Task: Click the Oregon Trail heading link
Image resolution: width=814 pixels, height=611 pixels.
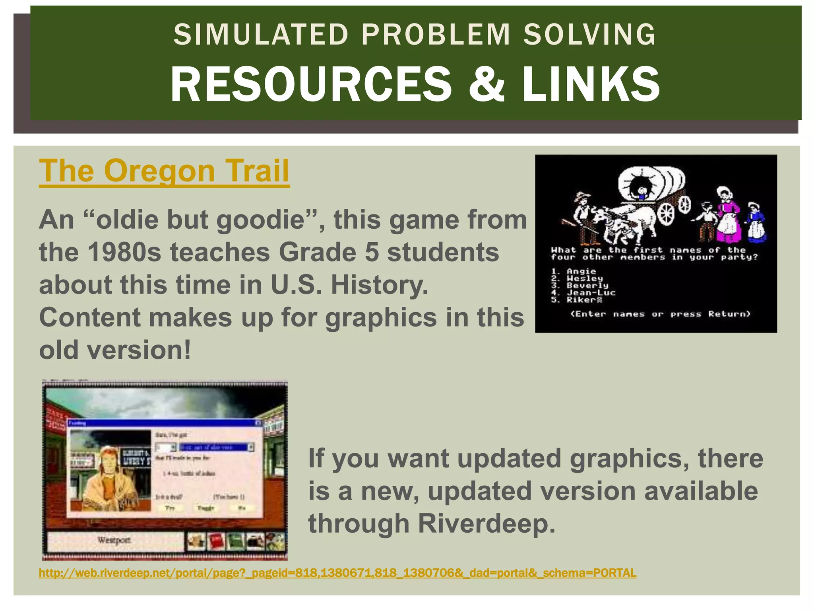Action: tap(164, 171)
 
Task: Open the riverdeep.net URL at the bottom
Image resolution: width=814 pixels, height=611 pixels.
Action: tap(337, 573)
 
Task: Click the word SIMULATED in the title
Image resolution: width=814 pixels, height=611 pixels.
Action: tap(261, 35)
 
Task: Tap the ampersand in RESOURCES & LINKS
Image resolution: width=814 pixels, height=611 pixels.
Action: tap(486, 84)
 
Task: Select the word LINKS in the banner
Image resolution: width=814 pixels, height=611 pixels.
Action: tap(591, 84)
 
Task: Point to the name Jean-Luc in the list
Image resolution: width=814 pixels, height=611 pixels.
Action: tap(591, 293)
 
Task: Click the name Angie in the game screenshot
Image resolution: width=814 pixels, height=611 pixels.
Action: tap(581, 271)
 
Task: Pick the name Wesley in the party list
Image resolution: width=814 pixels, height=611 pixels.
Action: tap(585, 278)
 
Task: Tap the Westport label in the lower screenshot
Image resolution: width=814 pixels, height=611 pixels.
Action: tap(114, 540)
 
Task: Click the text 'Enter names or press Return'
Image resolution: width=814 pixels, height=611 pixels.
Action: tap(660, 314)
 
